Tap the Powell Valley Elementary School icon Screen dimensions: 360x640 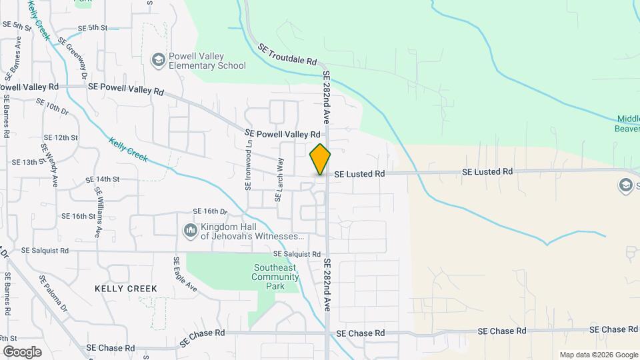pyautogui.click(x=158, y=61)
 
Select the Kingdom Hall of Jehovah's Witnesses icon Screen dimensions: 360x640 pyautogui.click(x=190, y=231)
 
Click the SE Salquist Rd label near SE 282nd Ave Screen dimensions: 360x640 pyautogui.click(x=297, y=255)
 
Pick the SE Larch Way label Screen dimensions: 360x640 pyautogui.click(x=280, y=179)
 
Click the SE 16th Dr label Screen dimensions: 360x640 pyautogui.click(x=210, y=211)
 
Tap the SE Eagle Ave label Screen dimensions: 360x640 pyautogui.click(x=185, y=275)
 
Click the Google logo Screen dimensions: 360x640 pyautogui.click(x=22, y=351)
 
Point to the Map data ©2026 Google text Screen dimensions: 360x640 pyautogui.click(x=598, y=355)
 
